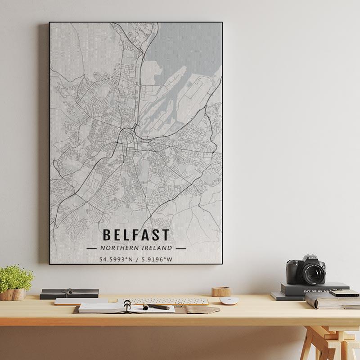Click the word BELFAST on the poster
click(x=136, y=235)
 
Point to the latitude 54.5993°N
click(x=116, y=259)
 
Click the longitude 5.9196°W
click(x=157, y=259)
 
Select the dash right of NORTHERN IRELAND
click(x=181, y=248)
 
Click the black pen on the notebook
click(x=157, y=307)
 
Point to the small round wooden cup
click(x=221, y=292)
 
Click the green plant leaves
click(x=16, y=276)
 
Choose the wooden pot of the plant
click(x=13, y=294)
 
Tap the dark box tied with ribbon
click(x=69, y=293)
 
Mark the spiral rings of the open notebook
click(x=127, y=306)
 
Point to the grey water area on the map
click(x=189, y=45)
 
